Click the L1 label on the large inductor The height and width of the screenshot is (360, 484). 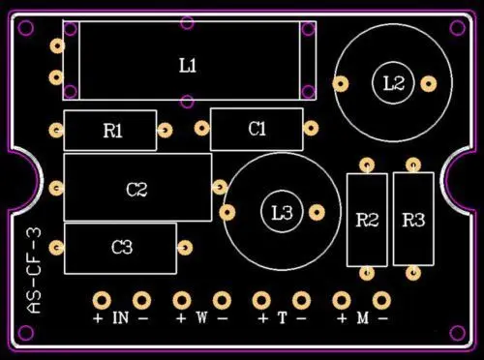coord(188,65)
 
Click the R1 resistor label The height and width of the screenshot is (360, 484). coord(113,131)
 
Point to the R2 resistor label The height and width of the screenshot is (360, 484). coord(367,220)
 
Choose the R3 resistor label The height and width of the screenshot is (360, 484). coord(413,220)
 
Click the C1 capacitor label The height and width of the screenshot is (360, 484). coord(257,129)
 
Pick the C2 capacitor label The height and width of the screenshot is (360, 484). coord(136,190)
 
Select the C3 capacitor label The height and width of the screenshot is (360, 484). coord(121,248)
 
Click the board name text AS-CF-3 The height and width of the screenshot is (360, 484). coord(35,271)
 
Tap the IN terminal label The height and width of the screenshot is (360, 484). coord(121,317)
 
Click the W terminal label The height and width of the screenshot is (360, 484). coord(201,317)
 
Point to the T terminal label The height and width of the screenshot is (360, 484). coord(282,317)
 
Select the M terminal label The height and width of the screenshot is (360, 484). coord(362,317)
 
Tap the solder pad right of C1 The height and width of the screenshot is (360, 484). coord(311,128)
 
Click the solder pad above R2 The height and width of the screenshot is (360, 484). coord(367,165)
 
